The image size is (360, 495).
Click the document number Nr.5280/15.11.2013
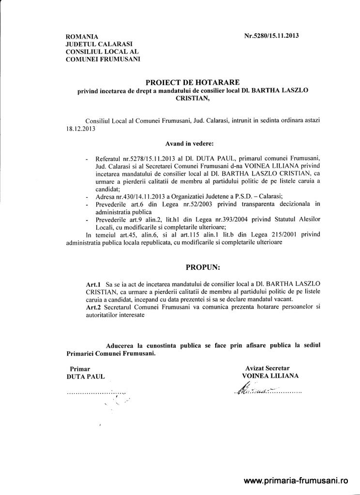pos(271,36)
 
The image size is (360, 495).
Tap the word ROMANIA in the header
pos(82,37)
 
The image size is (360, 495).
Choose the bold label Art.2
pos(94,306)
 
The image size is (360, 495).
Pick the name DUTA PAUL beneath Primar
pos(85,376)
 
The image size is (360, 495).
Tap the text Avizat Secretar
pos(267,368)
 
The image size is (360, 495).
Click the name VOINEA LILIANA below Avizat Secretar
pos(270,376)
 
